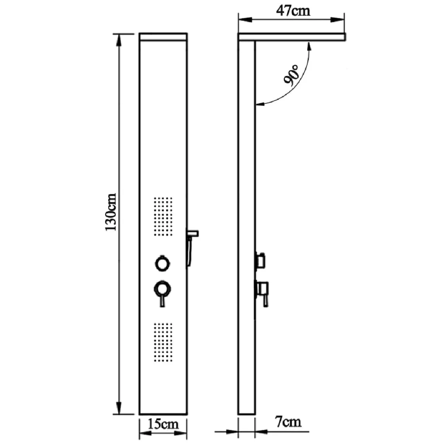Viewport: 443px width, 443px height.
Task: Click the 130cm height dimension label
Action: point(111,212)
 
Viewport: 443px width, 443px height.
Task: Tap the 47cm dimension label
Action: point(293,11)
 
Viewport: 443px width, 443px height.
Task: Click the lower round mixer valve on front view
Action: point(162,289)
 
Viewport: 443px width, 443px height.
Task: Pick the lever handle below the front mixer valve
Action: point(162,301)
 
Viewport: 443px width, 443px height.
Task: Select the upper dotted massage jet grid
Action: point(163,216)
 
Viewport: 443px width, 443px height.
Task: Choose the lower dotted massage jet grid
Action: point(163,342)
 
